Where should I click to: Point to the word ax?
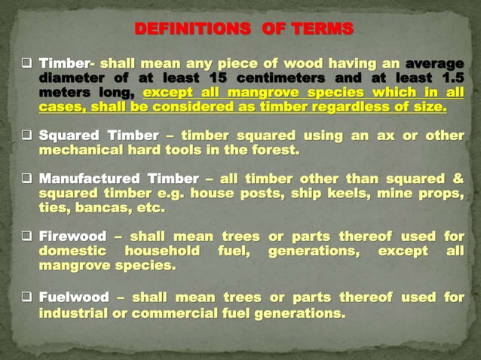[395, 136]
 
